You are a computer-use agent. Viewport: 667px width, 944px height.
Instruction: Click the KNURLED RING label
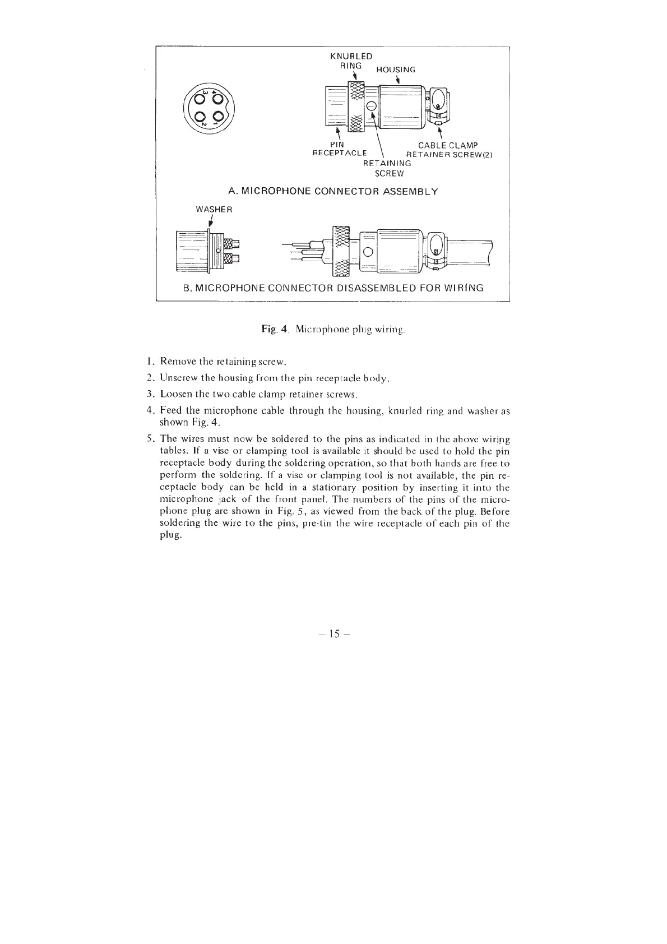coord(351,61)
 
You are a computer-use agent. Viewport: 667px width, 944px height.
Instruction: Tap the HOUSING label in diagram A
coord(396,70)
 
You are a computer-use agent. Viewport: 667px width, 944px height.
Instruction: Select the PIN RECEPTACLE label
coord(339,149)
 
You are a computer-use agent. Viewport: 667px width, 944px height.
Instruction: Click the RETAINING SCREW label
coord(387,168)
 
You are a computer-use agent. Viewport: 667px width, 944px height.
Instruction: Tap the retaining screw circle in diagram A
coord(371,107)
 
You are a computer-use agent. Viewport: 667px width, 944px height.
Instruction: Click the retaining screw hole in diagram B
coord(368,252)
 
